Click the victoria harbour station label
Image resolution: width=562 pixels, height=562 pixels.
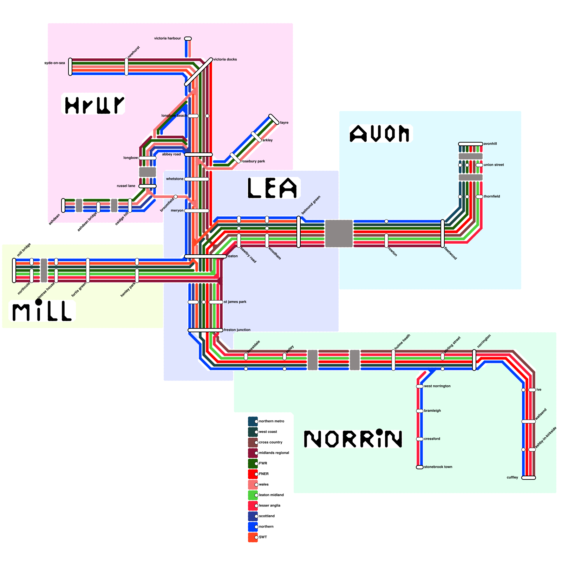168,38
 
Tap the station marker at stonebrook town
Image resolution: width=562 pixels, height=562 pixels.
420,467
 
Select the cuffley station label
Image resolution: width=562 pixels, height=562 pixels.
512,477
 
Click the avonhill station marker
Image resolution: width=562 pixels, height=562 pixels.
471,144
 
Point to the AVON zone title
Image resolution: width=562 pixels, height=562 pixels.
380,134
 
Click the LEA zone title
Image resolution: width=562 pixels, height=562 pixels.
273,188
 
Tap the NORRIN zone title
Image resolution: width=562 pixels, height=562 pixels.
353,439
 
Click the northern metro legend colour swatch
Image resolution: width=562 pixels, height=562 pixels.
253,421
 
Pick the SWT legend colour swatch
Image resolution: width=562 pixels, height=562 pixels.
253,537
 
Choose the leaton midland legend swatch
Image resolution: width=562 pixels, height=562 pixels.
253,495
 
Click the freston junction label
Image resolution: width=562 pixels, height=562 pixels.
237,330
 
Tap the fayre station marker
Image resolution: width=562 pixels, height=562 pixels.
274,119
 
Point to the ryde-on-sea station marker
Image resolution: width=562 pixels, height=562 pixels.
70,67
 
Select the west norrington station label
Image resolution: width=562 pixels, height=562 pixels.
437,386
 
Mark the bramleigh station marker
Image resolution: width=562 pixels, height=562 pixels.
420,411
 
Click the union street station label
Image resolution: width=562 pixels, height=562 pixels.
494,165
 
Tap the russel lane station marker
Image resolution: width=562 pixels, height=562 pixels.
148,186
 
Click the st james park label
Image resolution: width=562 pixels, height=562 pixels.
235,302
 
